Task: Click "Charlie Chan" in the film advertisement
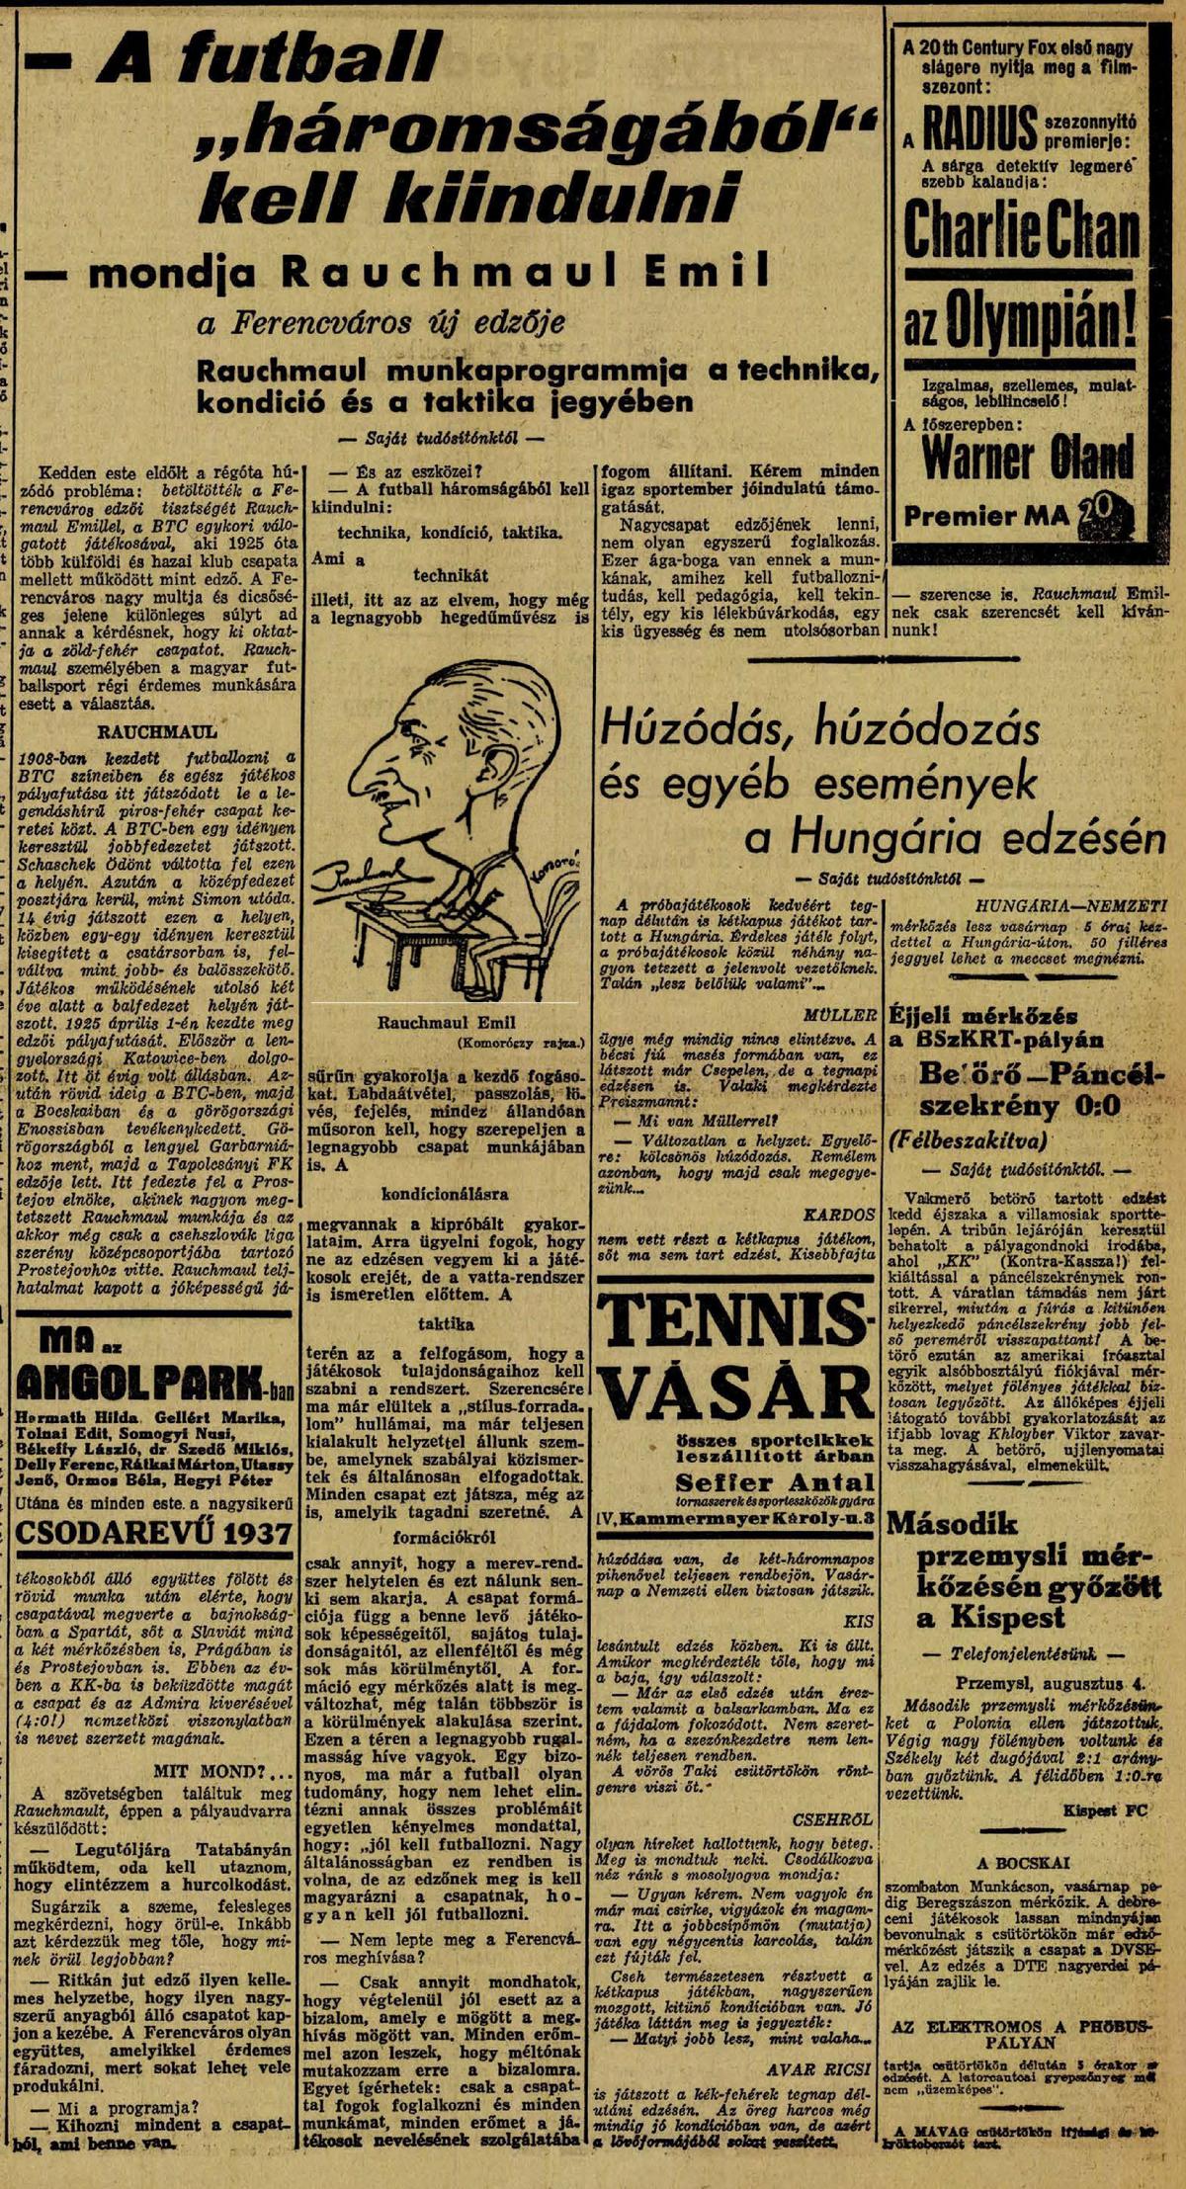click(x=1020, y=230)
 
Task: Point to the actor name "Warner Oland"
click(x=1027, y=457)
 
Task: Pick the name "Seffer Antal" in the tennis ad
click(x=775, y=1481)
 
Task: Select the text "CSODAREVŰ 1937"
click(x=154, y=1533)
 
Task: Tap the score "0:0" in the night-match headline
click(x=1091, y=1104)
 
